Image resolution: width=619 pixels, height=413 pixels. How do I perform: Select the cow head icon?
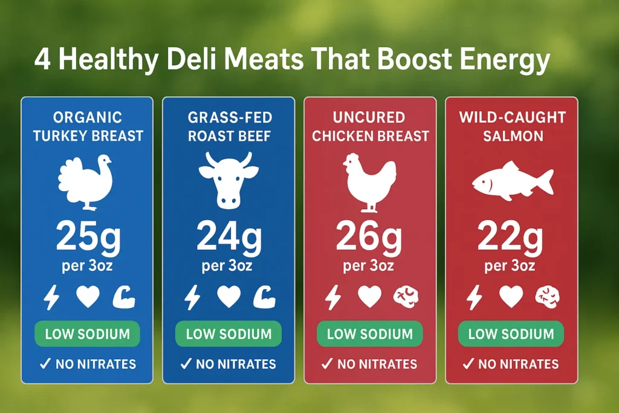[x=228, y=180]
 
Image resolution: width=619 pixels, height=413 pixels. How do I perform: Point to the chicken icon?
[x=369, y=182]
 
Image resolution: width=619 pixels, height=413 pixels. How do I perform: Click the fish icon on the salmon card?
[x=511, y=181]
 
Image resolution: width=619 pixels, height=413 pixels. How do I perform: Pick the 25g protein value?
[x=88, y=237]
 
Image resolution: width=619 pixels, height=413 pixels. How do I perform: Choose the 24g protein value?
[x=228, y=237]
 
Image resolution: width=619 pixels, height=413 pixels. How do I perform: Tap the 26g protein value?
[x=369, y=237]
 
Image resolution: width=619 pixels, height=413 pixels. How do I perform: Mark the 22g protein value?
[x=511, y=237]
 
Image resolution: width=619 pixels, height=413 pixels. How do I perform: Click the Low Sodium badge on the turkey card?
[x=87, y=334]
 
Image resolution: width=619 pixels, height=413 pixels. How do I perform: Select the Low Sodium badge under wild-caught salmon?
[x=511, y=334]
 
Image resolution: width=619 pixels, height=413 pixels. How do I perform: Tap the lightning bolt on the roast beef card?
[x=192, y=297]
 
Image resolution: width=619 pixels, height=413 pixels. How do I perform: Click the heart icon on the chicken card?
[x=369, y=297]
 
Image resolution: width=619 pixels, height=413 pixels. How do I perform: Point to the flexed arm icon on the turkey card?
[x=124, y=297]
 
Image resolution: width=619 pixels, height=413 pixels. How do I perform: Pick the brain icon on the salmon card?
[x=547, y=297]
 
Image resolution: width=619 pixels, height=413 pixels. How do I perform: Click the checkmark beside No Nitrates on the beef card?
[x=186, y=364]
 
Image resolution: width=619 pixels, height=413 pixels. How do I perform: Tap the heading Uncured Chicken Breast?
[x=369, y=126]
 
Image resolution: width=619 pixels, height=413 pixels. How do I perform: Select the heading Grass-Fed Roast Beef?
[x=228, y=126]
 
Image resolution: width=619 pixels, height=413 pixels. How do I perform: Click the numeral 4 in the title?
[x=42, y=62]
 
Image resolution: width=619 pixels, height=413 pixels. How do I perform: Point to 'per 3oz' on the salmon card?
[x=511, y=265]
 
